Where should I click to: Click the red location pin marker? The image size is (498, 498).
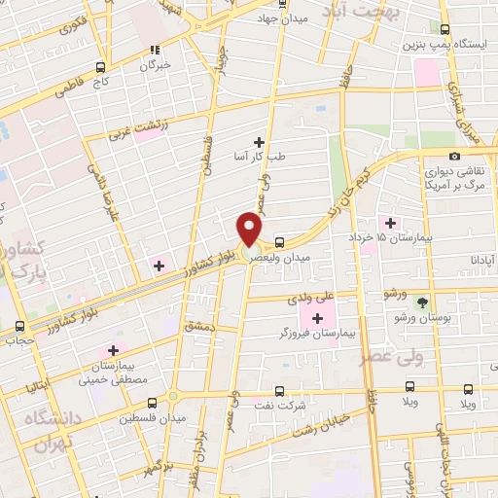250,228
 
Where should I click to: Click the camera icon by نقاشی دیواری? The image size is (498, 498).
454,157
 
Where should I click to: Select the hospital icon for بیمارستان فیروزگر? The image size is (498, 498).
316,318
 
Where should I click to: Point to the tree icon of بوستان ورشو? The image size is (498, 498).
421,302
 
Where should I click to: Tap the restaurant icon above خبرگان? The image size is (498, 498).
154,51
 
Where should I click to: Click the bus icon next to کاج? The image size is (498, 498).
100,67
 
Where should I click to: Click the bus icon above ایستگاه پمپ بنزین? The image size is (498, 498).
445,30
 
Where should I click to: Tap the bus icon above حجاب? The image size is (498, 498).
20,327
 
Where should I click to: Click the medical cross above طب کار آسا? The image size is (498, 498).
258,142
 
